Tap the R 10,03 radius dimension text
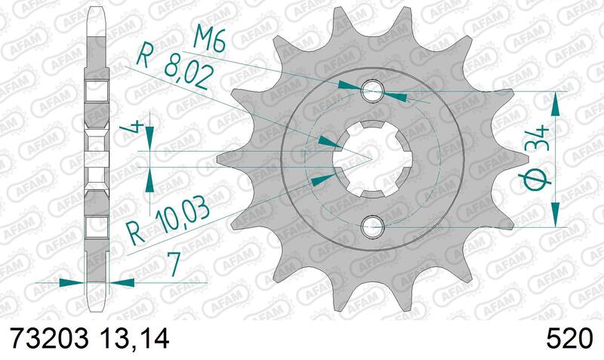[x=169, y=220]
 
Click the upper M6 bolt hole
[x=371, y=92]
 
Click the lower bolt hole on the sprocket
[x=371, y=224]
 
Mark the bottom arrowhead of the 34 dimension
[x=557, y=217]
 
